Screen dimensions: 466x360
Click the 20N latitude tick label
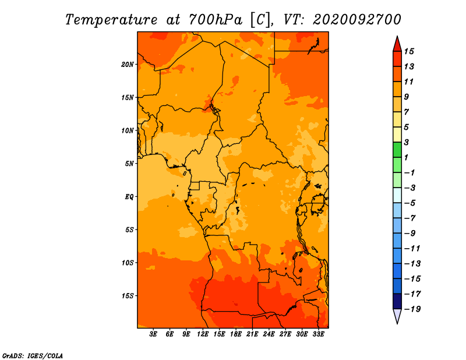[x=127, y=65]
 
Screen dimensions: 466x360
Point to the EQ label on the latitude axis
[x=129, y=197]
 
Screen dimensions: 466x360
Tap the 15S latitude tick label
[x=128, y=296]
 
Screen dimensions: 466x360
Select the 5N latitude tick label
[x=129, y=164]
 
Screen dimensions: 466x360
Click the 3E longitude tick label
[x=153, y=334]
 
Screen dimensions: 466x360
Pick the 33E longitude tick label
[x=318, y=334]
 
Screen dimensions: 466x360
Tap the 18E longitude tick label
[x=236, y=334]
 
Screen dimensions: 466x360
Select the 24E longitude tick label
[x=269, y=334]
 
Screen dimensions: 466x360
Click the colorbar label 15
[x=409, y=51]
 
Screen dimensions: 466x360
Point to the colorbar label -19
[x=412, y=309]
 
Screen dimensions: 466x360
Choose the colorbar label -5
[x=410, y=203]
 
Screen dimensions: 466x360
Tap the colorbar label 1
[x=406, y=157]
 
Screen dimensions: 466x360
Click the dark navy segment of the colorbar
[x=397, y=301]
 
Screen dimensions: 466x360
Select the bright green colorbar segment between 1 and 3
[x=397, y=150]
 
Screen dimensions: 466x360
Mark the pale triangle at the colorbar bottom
[x=397, y=315]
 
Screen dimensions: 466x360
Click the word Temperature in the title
[x=111, y=20]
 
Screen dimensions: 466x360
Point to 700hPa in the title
[x=216, y=20]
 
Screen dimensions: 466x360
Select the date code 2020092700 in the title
[x=357, y=20]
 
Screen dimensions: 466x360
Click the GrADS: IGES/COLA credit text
[x=33, y=356]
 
